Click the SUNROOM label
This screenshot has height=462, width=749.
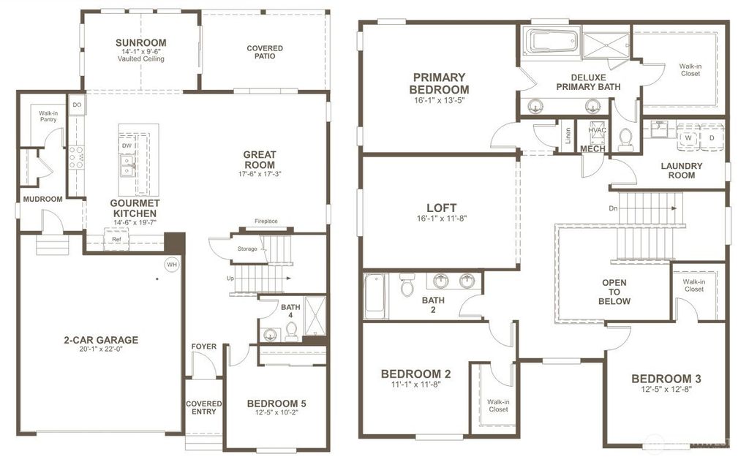(140, 42)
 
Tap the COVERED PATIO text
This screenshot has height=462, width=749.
(265, 52)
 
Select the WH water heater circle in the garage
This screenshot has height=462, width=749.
(172, 264)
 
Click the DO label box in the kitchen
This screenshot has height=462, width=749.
(77, 105)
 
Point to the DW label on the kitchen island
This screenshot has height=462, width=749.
(127, 145)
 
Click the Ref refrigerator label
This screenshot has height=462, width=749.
(116, 239)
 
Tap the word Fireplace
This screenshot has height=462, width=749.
(266, 221)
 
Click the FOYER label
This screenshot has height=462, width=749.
(203, 346)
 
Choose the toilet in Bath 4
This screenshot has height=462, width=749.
(291, 333)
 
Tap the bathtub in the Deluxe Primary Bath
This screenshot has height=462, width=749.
(554, 42)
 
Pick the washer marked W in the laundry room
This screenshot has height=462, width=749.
(688, 137)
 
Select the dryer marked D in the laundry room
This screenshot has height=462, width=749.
(711, 137)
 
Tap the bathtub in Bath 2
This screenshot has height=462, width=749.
(376, 296)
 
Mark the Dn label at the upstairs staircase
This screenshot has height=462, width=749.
(613, 208)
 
